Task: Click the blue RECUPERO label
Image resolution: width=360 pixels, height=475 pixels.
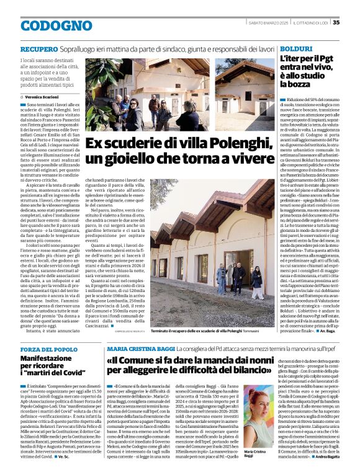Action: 39,48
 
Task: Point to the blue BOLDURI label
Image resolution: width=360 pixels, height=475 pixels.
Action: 295,48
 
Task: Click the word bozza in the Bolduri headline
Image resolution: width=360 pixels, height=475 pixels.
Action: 295,84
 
